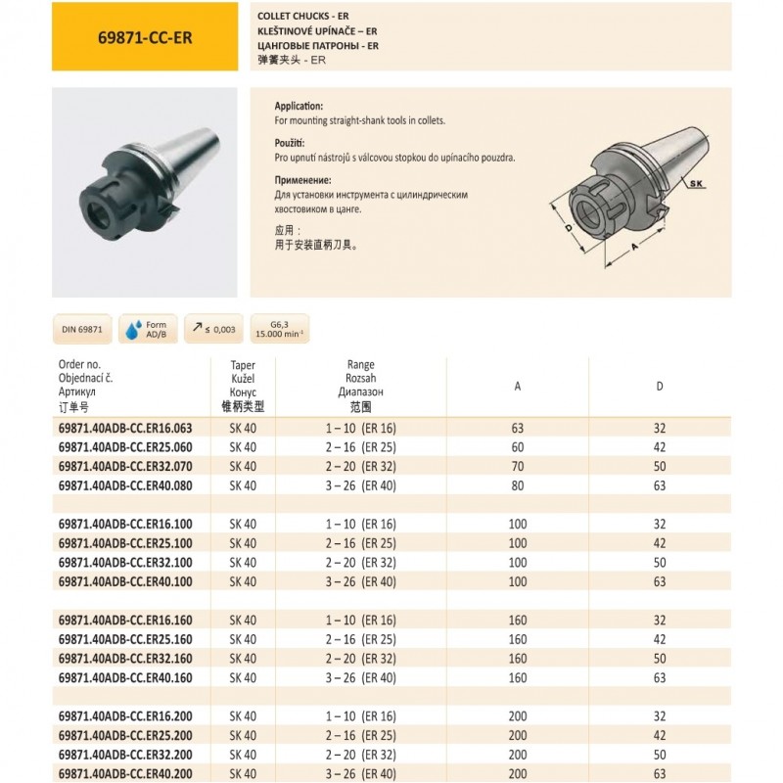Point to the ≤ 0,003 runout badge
(212, 329)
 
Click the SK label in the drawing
(697, 183)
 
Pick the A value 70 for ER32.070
(517, 466)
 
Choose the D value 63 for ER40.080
(659, 484)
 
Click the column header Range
(361, 365)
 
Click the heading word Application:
(299, 106)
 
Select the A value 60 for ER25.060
(517, 446)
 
